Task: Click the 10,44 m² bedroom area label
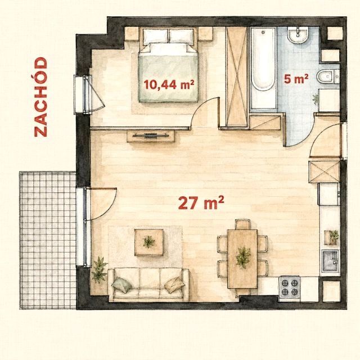coord(169,84)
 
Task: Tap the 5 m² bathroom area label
coord(296,79)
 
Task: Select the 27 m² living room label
coord(201,202)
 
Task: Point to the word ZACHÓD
coord(40,97)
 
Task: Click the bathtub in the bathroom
coord(263,68)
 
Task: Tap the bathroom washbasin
coord(298,34)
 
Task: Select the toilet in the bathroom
coord(327,76)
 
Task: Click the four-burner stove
coord(289,287)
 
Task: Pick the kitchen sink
coord(330,261)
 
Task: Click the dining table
coord(242,259)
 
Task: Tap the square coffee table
coord(148,242)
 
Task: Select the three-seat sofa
coord(148,285)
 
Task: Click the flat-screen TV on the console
coord(150,136)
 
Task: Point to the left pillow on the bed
coord(155,36)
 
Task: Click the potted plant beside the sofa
coord(99,269)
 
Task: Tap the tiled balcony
coord(48,240)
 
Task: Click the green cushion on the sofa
coord(122,285)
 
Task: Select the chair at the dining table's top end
coord(242,224)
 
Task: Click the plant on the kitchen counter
coord(334,236)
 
